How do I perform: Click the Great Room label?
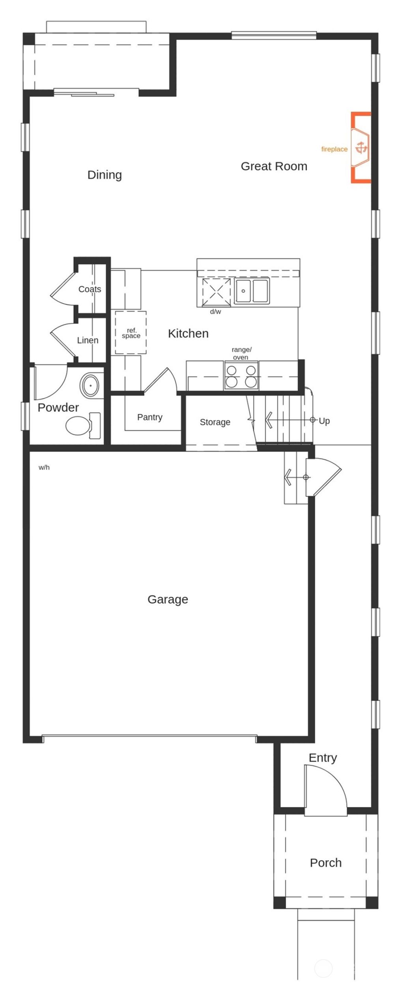(274, 166)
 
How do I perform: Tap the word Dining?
(105, 175)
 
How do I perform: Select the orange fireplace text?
(334, 149)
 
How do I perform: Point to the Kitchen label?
(188, 334)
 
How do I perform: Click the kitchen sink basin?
(243, 291)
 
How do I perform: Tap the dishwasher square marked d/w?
(216, 292)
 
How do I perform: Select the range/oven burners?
(241, 376)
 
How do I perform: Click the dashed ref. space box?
(131, 333)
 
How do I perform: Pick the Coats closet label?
(90, 290)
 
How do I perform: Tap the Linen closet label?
(88, 340)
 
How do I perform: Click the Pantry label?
(150, 417)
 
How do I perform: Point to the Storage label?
(215, 422)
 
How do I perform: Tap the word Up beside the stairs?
(324, 421)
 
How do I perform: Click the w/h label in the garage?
(44, 468)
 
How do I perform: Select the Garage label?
(168, 600)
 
